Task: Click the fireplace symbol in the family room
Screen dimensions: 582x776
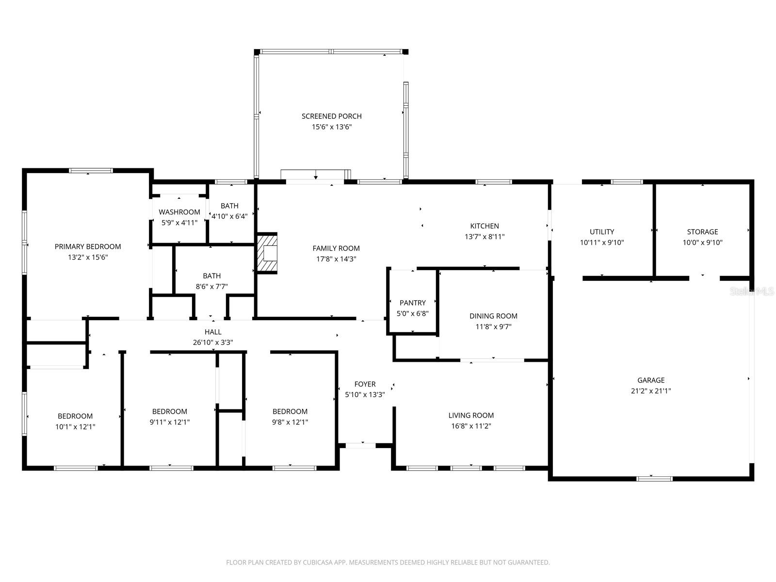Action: (267, 254)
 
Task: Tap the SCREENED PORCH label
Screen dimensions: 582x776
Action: (332, 116)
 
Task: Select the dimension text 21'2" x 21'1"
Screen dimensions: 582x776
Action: (651, 391)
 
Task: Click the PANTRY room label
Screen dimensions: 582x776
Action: (413, 303)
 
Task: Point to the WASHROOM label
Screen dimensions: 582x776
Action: (179, 212)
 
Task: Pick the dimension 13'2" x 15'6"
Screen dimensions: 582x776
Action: (88, 258)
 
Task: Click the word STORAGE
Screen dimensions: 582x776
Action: (702, 232)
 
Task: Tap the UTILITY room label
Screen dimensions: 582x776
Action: (602, 232)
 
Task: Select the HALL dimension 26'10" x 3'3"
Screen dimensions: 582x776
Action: (213, 342)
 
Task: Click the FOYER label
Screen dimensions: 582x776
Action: (365, 384)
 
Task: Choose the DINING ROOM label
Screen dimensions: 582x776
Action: (493, 316)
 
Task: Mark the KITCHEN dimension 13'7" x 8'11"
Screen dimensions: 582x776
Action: (485, 237)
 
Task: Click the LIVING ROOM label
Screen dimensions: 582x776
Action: (471, 416)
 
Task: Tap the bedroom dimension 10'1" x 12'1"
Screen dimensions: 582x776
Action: (75, 427)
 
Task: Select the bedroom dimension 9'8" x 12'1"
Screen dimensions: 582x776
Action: (290, 422)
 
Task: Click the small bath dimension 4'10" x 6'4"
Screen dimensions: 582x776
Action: (229, 217)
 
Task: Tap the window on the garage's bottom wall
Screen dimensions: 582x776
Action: (654, 479)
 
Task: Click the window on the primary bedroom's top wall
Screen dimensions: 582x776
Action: (91, 171)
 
